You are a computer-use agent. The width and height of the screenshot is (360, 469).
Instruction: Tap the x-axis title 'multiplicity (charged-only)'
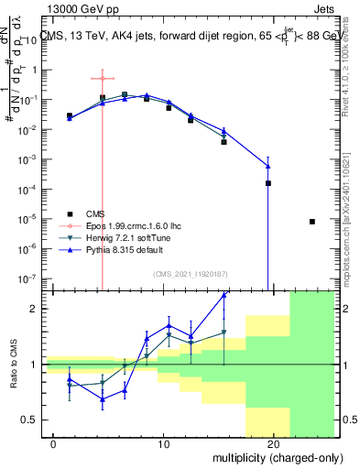tap(267, 456)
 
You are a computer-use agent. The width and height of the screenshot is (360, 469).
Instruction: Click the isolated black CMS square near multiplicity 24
tap(312, 222)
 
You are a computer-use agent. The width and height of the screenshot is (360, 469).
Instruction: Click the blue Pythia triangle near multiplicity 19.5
tap(268, 166)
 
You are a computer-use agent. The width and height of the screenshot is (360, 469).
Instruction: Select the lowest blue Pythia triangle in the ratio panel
tap(103, 399)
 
